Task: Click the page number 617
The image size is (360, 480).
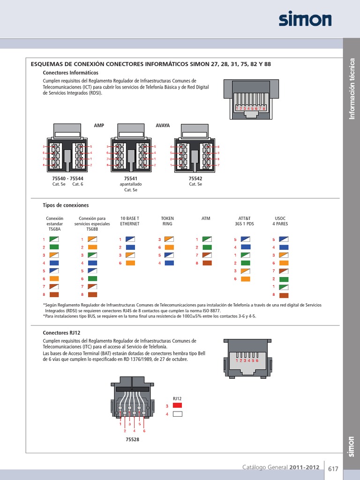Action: [333, 469]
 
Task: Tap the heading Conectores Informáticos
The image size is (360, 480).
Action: [70, 73]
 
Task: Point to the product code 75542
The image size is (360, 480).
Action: [195, 179]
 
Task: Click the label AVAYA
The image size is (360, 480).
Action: [163, 126]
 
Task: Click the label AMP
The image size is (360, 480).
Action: [98, 126]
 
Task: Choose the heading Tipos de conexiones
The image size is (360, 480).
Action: [66, 205]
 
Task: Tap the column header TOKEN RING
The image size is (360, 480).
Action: [167, 221]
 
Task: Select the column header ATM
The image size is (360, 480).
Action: [206, 218]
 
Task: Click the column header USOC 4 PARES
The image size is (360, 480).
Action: [280, 221]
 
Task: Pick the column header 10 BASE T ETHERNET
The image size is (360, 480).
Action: [130, 221]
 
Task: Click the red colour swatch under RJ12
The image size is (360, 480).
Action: [177, 405]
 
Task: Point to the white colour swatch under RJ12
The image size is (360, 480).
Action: [177, 414]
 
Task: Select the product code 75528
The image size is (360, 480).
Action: [133, 440]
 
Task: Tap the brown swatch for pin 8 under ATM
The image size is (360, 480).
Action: [207, 263]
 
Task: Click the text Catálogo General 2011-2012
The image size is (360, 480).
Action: [281, 467]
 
